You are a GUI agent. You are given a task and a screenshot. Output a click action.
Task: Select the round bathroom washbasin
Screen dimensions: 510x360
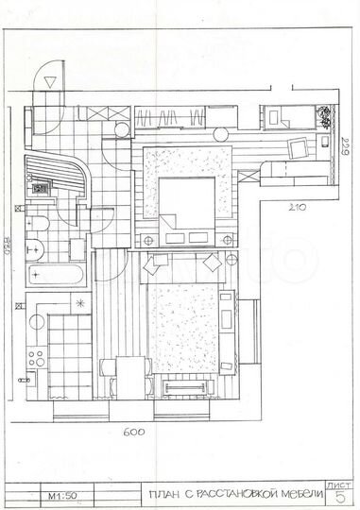click(36, 249)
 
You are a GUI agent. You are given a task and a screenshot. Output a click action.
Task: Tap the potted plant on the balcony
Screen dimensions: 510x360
click(324, 118)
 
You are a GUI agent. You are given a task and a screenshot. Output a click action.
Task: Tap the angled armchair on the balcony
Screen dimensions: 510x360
click(298, 147)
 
